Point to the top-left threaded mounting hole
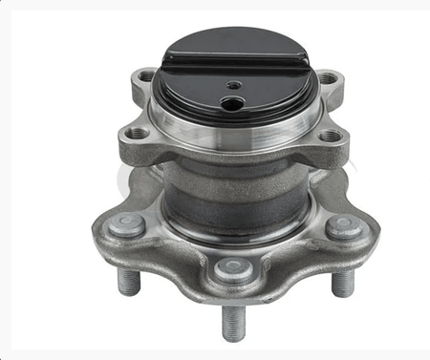[x=146, y=75]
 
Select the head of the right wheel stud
[x=343, y=227]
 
